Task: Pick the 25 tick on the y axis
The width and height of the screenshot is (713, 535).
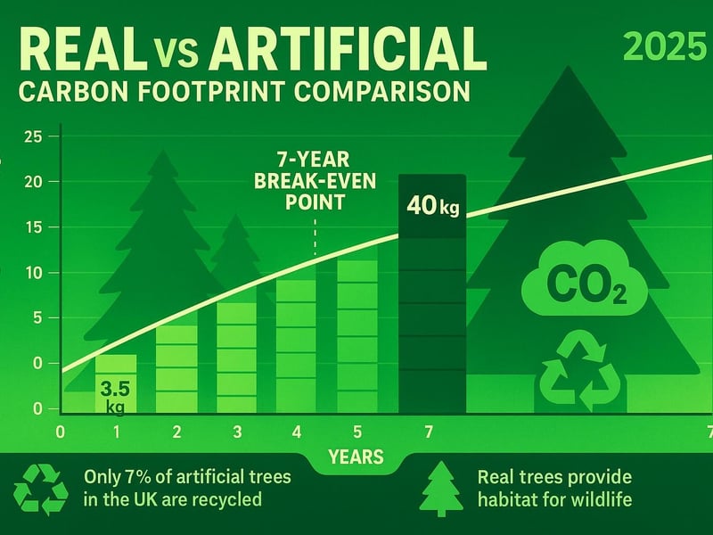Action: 34,136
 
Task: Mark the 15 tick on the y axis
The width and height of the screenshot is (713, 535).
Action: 34,227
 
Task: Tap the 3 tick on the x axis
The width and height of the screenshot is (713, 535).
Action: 236,432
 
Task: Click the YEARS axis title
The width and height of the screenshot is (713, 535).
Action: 356,458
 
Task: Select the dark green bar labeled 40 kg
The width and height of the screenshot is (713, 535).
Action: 432,294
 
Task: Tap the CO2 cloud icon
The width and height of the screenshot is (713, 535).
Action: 572,284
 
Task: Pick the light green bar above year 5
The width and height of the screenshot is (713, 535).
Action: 357,334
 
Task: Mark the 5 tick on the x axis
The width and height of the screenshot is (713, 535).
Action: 356,432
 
